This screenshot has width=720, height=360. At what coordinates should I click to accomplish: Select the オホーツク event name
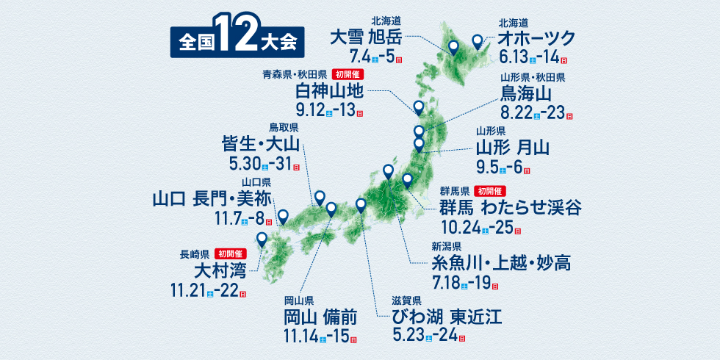536,39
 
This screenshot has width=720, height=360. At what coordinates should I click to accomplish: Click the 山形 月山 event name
512,148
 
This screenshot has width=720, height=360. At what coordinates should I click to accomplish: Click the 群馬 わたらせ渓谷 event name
511,206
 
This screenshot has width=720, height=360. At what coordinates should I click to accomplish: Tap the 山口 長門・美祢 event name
212,198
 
